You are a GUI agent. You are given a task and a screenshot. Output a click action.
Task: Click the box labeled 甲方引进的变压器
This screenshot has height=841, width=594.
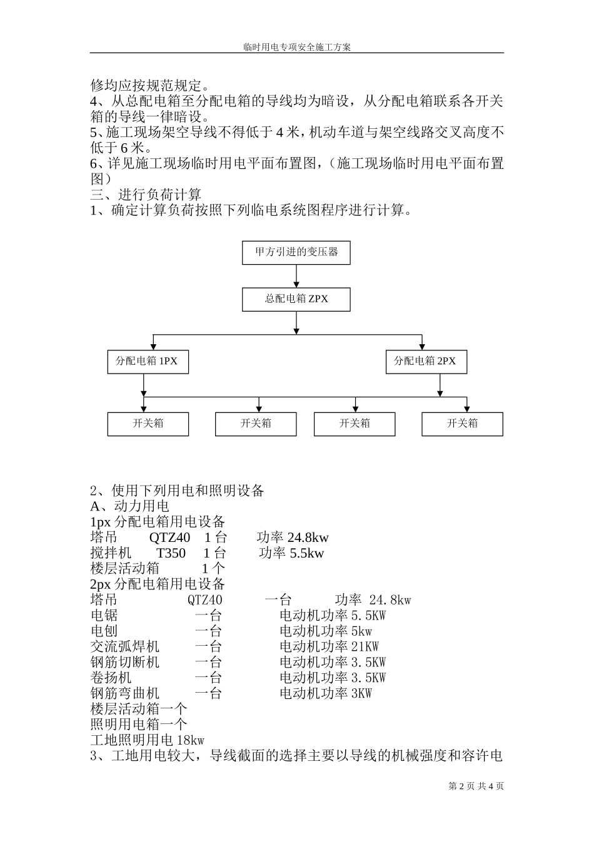296,252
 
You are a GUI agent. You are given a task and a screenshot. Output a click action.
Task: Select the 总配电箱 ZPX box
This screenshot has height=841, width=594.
296,299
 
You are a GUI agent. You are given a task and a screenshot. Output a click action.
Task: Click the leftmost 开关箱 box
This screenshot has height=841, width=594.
148,424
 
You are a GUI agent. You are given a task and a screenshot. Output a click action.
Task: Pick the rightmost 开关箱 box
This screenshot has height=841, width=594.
462,424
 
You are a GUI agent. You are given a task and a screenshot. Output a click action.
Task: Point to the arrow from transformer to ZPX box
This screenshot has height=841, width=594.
296,276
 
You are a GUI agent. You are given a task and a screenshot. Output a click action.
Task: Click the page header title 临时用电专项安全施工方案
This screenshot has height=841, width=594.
296,48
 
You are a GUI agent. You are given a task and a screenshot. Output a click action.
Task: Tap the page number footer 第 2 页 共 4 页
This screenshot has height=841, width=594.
476,786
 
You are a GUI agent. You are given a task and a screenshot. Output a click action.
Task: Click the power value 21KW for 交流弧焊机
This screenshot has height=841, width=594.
365,646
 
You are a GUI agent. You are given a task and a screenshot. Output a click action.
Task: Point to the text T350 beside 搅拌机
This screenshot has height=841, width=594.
171,553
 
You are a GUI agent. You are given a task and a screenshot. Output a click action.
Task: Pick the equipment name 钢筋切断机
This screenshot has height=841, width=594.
125,662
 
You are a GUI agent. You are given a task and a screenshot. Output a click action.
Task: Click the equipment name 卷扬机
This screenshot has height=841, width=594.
111,678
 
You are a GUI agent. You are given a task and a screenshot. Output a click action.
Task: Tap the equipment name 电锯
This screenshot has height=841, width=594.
104,615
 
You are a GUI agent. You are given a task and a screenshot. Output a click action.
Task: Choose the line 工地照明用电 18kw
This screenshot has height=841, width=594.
148,740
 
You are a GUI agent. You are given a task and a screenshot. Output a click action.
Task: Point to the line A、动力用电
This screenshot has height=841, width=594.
130,506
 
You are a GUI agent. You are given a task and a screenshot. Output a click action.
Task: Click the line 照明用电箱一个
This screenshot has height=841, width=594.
139,725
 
